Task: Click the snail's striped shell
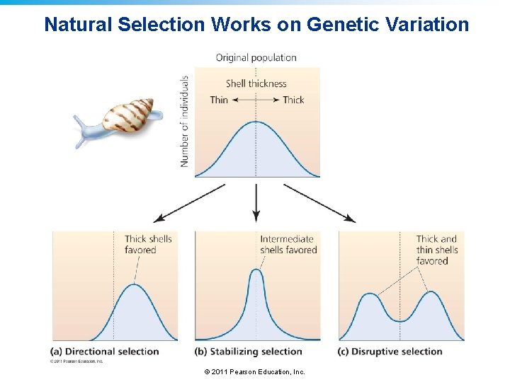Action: [x=129, y=113]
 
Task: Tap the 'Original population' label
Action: [x=256, y=57]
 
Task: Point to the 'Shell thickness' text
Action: [x=256, y=83]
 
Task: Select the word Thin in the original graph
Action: [x=219, y=100]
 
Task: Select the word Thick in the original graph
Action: [x=293, y=100]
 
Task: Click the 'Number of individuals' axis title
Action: [x=185, y=121]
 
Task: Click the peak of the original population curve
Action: [x=257, y=122]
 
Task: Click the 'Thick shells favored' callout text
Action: [x=148, y=244]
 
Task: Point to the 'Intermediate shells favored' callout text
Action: [x=288, y=244]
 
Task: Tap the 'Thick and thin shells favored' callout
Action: [x=437, y=250]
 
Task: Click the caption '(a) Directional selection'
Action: [x=105, y=351]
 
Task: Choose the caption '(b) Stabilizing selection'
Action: [x=249, y=351]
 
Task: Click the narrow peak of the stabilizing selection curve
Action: [x=257, y=270]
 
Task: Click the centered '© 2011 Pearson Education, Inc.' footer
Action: [x=254, y=371]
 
